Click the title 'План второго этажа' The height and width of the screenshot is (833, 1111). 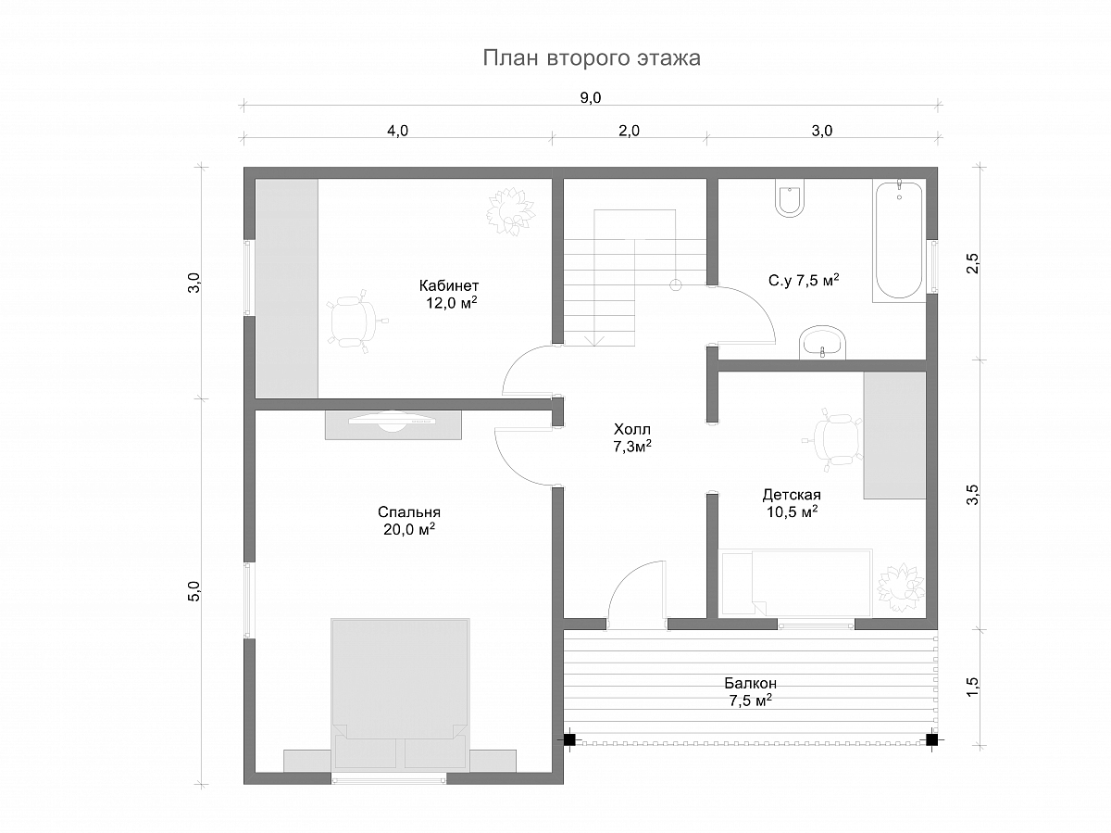592,58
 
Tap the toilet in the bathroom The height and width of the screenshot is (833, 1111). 790,197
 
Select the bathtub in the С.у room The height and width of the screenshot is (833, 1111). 899,240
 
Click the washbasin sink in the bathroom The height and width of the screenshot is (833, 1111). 822,342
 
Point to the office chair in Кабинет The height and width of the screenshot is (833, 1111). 355,321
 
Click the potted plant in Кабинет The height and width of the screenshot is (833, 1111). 511,211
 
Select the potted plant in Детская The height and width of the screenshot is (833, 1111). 901,589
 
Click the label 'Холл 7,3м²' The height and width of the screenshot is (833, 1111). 632,438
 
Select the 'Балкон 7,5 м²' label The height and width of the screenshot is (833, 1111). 750,692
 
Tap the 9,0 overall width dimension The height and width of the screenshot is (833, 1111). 590,97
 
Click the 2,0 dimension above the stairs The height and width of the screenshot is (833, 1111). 630,131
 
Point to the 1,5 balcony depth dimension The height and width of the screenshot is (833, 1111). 972,687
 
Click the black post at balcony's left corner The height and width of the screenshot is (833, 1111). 569,739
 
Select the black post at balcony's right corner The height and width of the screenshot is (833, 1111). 931,739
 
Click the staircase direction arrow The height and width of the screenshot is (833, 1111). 594,340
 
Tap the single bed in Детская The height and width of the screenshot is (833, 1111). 795,584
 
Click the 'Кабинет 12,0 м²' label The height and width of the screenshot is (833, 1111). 449,295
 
